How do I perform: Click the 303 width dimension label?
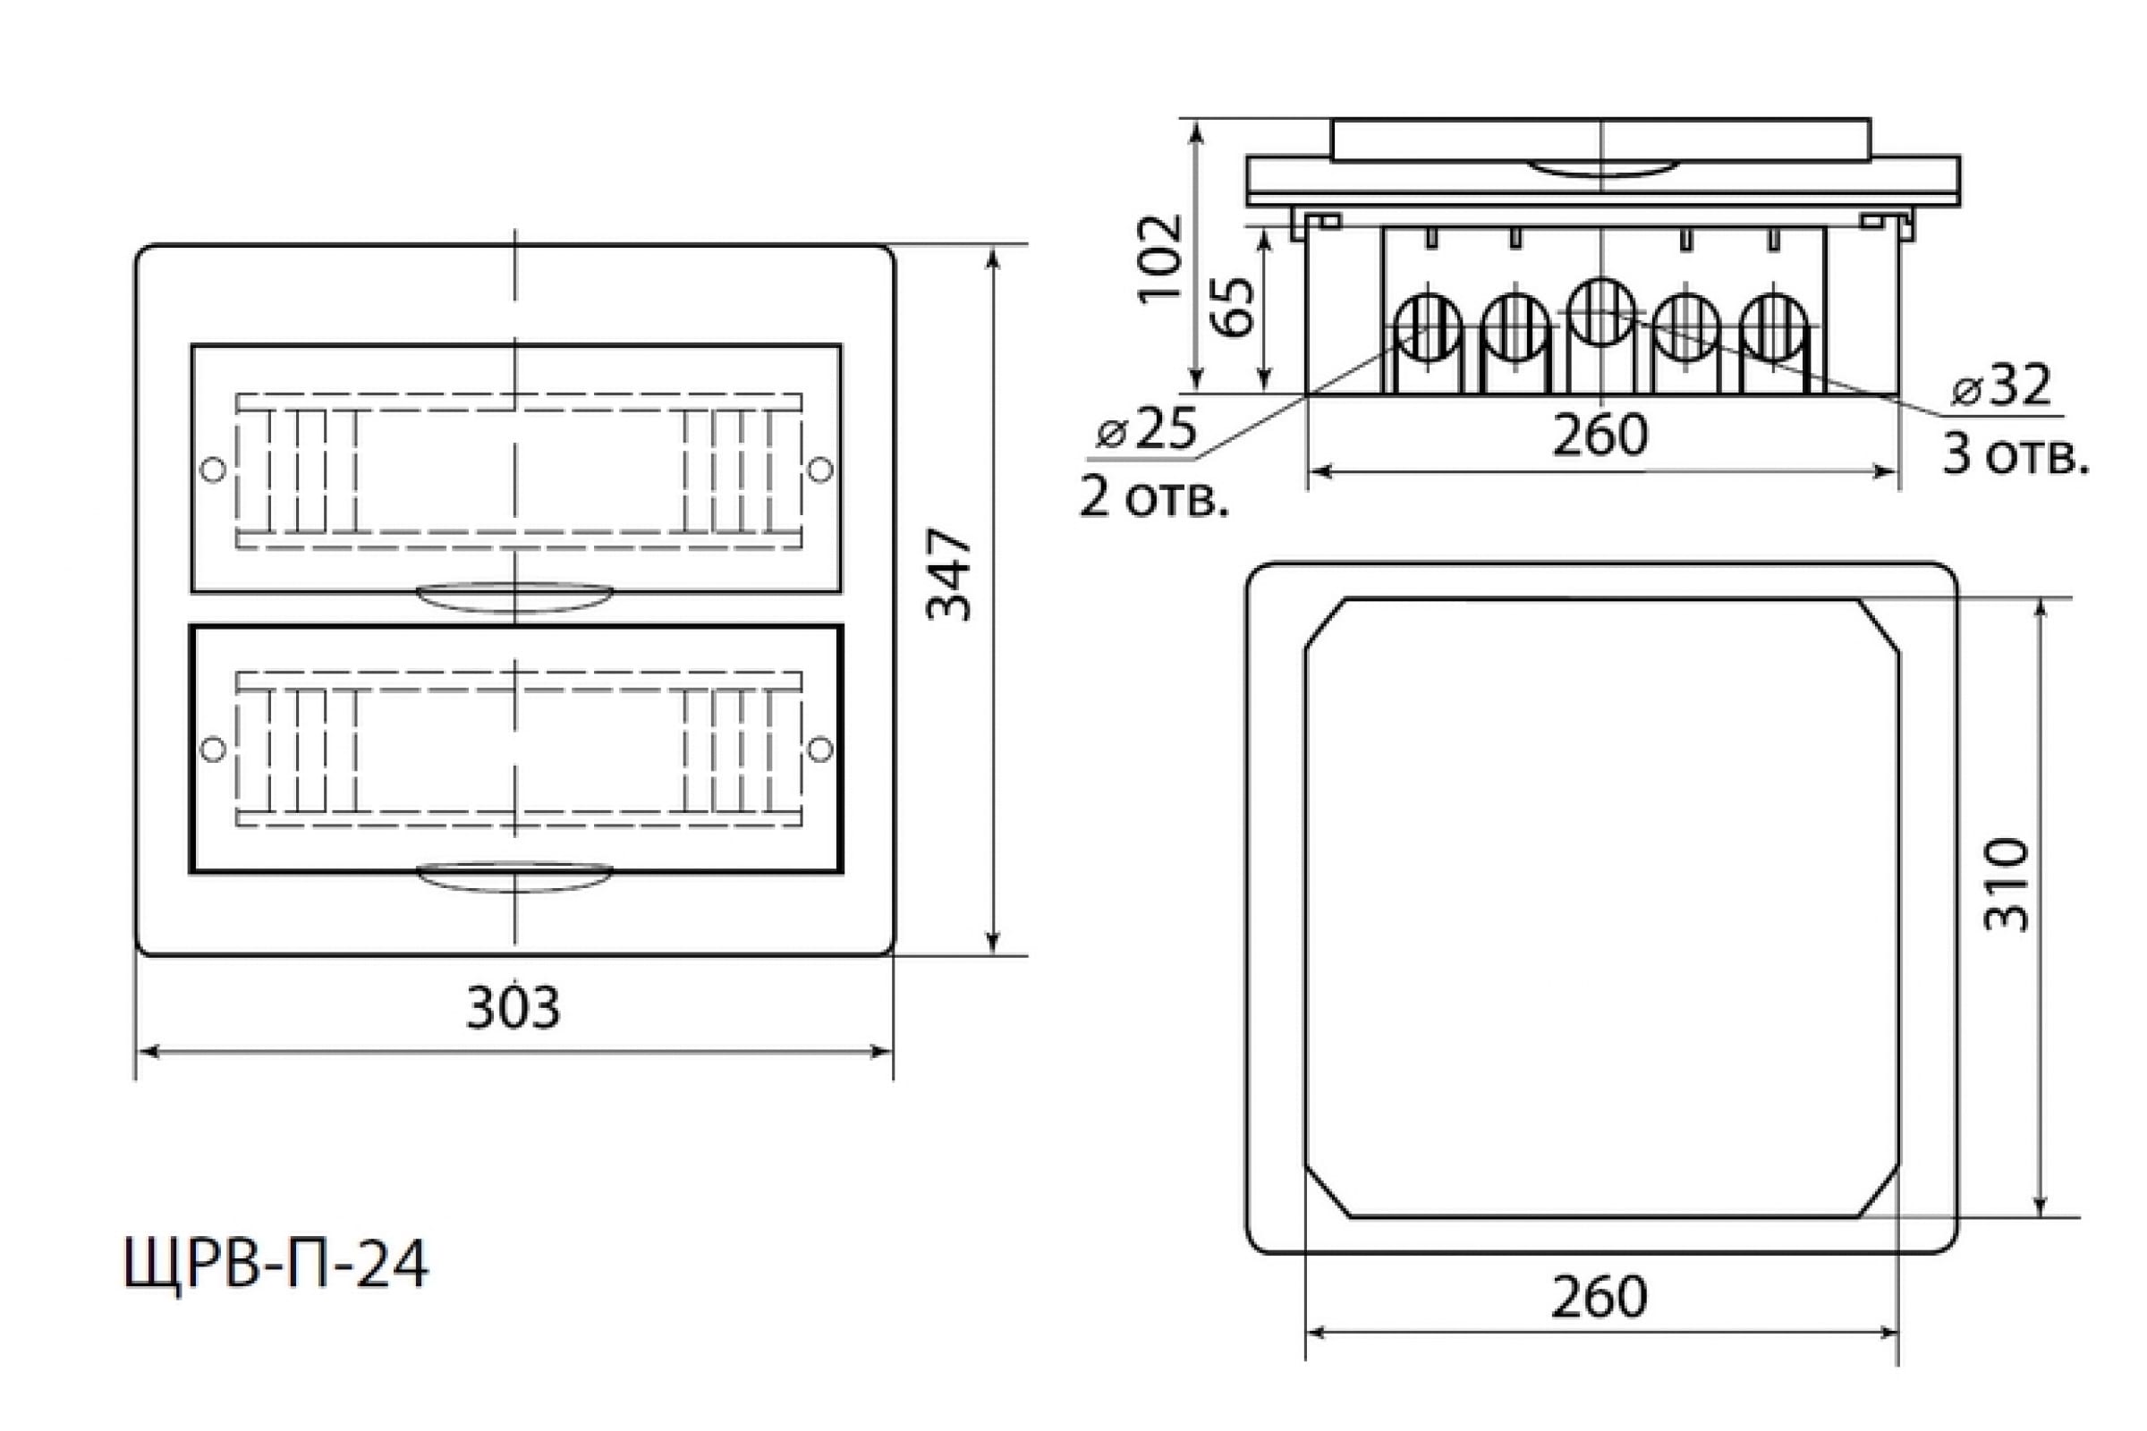point(513,1010)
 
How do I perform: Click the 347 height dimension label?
point(948,575)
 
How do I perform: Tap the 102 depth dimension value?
point(1159,258)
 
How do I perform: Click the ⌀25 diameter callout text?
point(1147,429)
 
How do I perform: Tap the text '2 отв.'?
point(1155,498)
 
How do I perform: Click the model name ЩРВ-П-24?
point(276,1265)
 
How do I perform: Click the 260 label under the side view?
point(1601,436)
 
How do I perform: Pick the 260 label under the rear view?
point(1600,1297)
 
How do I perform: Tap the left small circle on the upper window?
point(213,469)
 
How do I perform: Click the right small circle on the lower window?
point(820,749)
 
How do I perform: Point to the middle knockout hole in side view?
point(1601,312)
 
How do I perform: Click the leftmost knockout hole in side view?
point(1429,327)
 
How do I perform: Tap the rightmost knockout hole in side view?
point(1774,327)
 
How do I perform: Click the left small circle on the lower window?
point(213,749)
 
